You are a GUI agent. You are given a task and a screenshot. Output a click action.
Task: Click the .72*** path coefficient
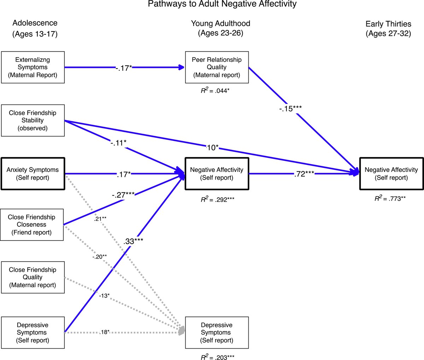(x=304, y=174)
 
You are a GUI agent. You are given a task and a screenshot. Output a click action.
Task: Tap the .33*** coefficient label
(x=133, y=241)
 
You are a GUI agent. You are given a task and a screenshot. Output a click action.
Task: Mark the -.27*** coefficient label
(x=123, y=195)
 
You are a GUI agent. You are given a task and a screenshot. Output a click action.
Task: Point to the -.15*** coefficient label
(x=290, y=109)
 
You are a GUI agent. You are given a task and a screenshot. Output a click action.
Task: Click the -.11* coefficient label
(x=118, y=143)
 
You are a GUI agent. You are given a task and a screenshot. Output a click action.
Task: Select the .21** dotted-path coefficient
(x=100, y=219)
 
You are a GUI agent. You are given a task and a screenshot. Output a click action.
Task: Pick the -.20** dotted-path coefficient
(x=100, y=257)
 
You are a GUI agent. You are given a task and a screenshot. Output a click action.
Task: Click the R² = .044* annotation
(x=215, y=91)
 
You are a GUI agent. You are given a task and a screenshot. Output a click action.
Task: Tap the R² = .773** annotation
(x=390, y=198)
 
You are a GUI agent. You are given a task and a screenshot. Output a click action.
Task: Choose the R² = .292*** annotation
(x=217, y=199)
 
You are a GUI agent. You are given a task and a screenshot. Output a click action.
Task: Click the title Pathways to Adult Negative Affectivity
(x=222, y=4)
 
